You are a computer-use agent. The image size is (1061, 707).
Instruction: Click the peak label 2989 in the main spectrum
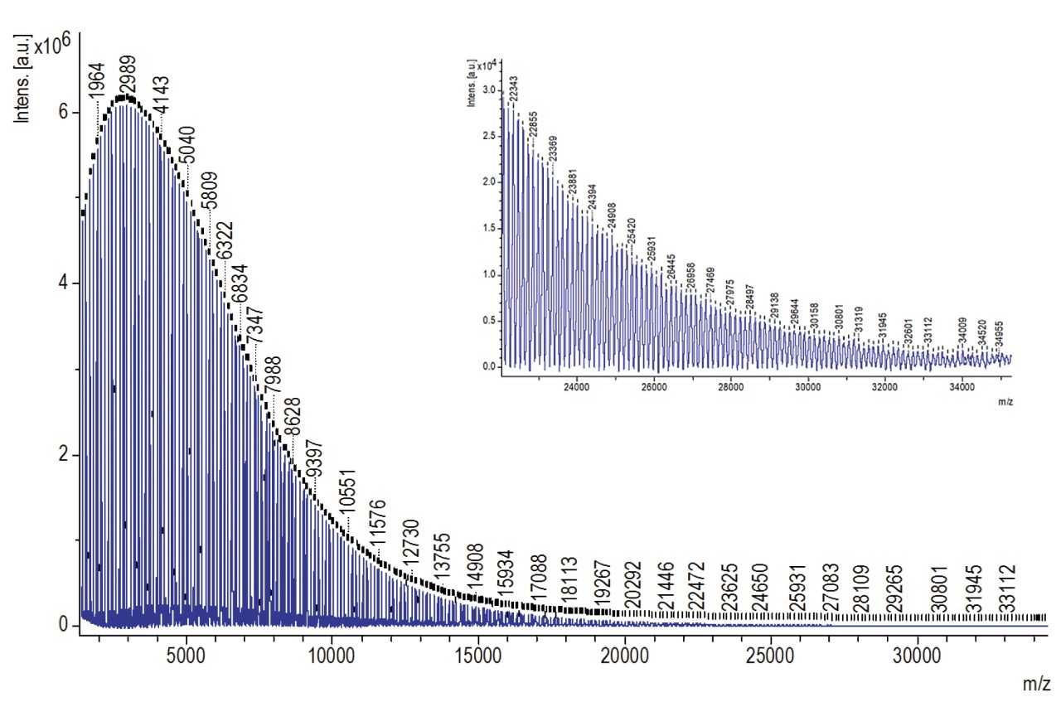128,75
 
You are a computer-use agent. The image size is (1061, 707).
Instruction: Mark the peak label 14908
475,569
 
